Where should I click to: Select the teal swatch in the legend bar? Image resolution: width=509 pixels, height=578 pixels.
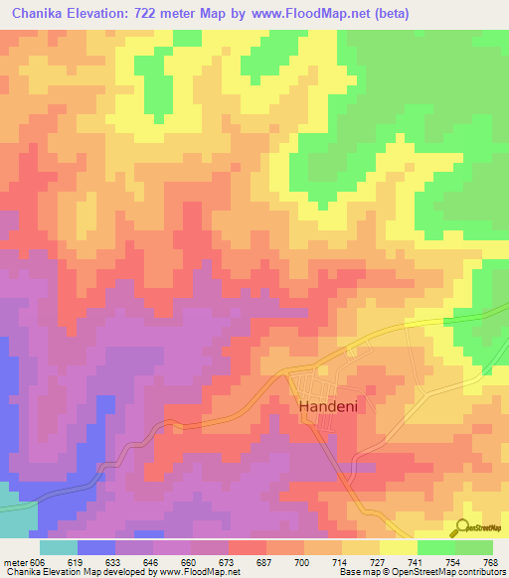59,547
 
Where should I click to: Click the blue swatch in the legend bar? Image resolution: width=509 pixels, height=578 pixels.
96,547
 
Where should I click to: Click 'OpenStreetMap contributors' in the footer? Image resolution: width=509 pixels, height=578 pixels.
453,572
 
